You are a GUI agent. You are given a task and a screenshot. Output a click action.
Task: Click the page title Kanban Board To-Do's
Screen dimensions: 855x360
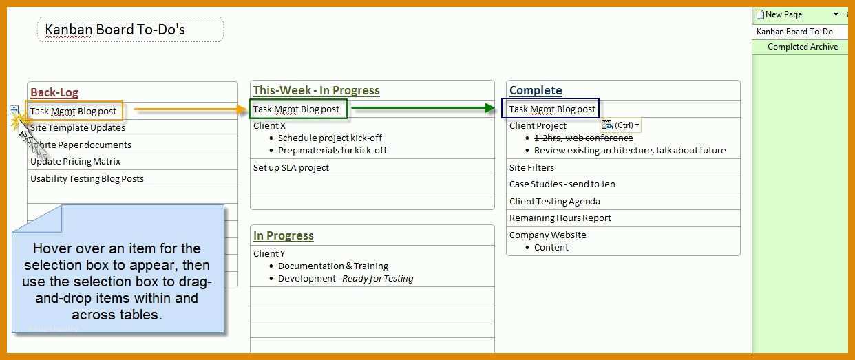[x=115, y=30]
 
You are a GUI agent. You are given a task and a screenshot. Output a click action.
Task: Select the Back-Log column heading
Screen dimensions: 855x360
[x=54, y=92]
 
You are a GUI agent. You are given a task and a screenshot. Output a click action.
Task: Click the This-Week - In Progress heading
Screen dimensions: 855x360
[x=317, y=90]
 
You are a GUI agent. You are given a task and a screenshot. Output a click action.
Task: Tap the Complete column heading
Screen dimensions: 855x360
[x=536, y=90]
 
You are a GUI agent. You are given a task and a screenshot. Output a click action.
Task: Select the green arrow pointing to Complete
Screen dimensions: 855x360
[x=423, y=107]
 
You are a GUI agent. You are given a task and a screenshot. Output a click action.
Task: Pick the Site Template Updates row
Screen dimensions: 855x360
[x=78, y=127]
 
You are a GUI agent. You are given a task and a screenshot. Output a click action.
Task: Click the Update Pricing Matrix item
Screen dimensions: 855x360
[x=75, y=162]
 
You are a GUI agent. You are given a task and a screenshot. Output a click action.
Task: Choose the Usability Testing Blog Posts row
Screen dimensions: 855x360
[x=87, y=179]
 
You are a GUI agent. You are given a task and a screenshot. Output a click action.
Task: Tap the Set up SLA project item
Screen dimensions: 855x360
[x=291, y=167]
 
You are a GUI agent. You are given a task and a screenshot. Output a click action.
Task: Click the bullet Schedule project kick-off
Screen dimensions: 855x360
[x=330, y=138]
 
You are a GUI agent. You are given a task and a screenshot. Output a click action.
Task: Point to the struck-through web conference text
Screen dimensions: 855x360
[x=583, y=138]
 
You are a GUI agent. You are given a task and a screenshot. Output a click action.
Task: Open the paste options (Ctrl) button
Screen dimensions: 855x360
[x=620, y=125]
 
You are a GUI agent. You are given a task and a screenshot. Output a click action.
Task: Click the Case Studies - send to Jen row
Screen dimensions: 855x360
[x=562, y=184]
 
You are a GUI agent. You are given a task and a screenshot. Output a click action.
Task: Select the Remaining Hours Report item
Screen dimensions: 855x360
[x=560, y=218]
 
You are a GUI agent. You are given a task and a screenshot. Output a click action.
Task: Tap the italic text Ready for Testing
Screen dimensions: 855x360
[x=377, y=279]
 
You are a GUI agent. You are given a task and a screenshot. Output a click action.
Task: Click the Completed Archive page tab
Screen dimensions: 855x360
[x=803, y=47]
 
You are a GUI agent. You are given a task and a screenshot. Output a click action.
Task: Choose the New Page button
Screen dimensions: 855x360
[x=779, y=14]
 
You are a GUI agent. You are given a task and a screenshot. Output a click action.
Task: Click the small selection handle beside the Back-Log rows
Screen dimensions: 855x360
[x=14, y=110]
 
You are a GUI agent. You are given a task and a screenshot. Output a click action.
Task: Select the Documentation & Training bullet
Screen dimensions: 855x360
[x=332, y=266]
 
